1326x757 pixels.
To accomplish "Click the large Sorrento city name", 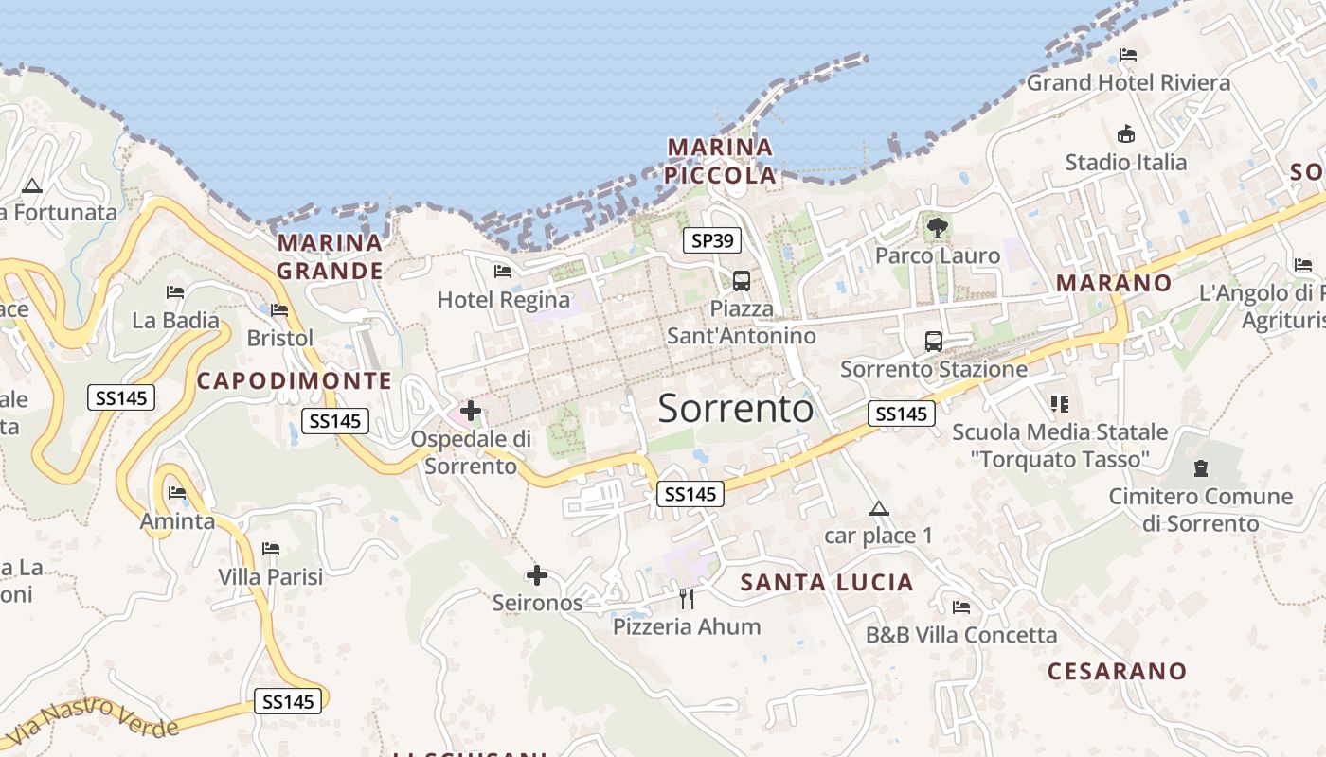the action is coord(735,409).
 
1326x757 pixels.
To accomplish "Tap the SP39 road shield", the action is coord(712,240).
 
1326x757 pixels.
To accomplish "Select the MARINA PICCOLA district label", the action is coord(720,161).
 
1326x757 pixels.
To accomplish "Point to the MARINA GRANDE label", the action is coord(330,256).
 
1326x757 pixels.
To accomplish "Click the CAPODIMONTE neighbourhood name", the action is coord(294,380).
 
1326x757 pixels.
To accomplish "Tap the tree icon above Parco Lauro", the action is coord(938,227).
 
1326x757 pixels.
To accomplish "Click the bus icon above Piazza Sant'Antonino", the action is coord(742,280).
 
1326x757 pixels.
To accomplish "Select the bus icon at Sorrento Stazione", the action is coord(934,341).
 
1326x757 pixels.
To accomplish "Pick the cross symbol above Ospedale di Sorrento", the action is coord(471,411).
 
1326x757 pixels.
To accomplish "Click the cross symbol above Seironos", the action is coord(537,574).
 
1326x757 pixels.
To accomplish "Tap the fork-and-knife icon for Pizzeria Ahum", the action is coord(687,598).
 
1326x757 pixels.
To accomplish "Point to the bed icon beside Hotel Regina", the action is coord(503,272).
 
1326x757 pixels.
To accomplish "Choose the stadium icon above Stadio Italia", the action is coord(1126,133).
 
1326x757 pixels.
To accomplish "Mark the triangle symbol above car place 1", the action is coord(879,508).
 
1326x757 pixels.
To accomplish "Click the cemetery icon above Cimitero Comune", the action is coord(1201,467).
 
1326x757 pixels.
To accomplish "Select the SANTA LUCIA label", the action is coord(827,582).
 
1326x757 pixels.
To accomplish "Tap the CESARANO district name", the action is coord(1117,671).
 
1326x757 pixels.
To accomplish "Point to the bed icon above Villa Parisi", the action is coord(271,548).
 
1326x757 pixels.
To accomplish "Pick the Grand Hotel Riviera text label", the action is coord(1128,82).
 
